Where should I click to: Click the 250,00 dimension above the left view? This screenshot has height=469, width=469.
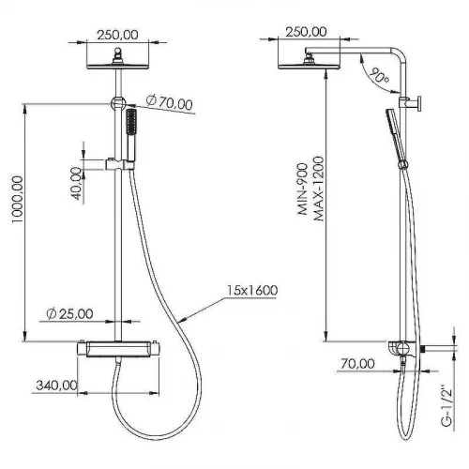pyautogui.click(x=117, y=35)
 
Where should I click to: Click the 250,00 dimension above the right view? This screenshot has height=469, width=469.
pyautogui.click(x=306, y=31)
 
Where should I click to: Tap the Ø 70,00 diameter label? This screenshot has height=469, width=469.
pyautogui.click(x=169, y=102)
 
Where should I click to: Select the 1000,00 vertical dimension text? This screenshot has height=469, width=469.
pyautogui.click(x=18, y=199)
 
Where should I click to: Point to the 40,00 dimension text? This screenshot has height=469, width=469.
pyautogui.click(x=76, y=183)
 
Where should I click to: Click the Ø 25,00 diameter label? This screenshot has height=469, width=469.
pyautogui.click(x=69, y=313)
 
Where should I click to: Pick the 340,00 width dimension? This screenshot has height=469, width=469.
pyautogui.click(x=57, y=386)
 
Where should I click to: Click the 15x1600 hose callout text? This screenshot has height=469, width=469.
pyautogui.click(x=252, y=291)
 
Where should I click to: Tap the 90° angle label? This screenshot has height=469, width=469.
pyautogui.click(x=379, y=76)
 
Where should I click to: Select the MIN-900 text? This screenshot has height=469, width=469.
pyautogui.click(x=303, y=189)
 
